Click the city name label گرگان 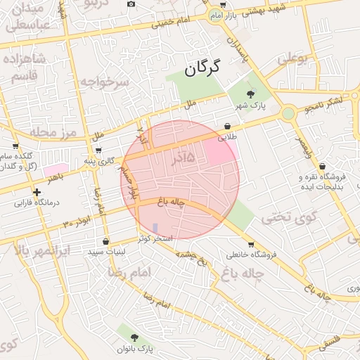click(x=202, y=67)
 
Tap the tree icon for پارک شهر click(x=250, y=94)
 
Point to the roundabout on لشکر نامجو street click(x=288, y=113)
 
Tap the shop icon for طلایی click(x=228, y=127)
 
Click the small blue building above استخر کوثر click(x=155, y=228)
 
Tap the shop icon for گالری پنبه click(x=98, y=150)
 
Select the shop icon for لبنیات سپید click(x=105, y=241)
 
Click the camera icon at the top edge click(x=131, y=4)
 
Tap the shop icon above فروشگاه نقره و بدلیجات click(x=322, y=167)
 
